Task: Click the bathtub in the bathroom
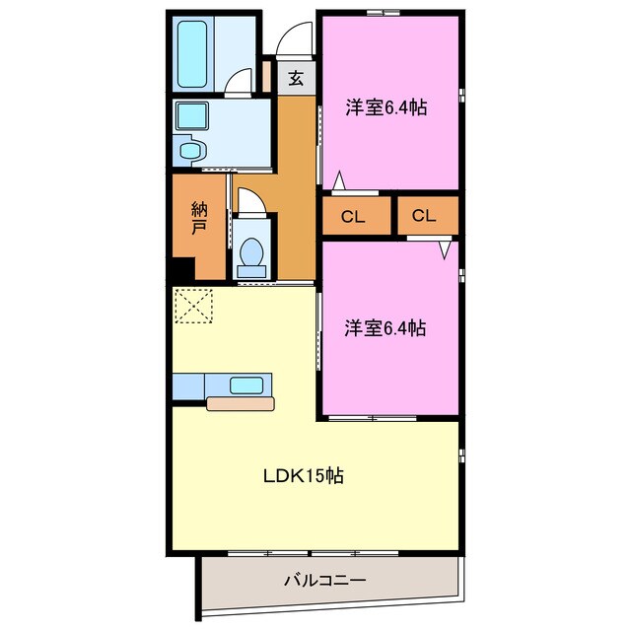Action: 192,52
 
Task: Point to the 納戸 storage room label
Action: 199,218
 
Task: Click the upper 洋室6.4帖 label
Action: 386,108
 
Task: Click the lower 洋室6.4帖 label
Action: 386,328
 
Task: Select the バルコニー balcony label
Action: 325,581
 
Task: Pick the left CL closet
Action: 352,216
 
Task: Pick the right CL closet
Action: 424,216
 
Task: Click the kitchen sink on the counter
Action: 246,386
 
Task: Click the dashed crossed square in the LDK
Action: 193,306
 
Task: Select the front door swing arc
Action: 293,41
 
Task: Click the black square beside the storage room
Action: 179,268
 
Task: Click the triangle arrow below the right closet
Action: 445,249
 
